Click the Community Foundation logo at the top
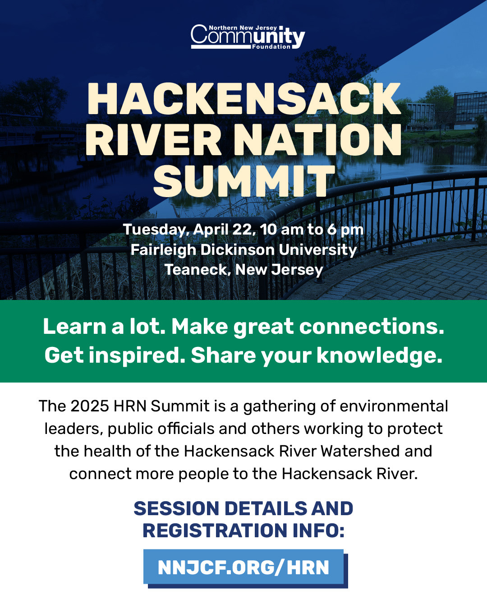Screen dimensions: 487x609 click(248, 37)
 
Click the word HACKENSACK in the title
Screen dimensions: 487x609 click(244, 99)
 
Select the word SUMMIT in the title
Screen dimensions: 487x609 click(244, 180)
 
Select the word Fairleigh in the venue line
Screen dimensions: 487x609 click(163, 250)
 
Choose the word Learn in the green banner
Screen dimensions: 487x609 click(74, 327)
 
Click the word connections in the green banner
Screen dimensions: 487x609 click(371, 327)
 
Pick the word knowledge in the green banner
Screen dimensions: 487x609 click(379, 356)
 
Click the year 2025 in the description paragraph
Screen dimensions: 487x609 click(90, 406)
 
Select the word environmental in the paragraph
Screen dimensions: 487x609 click(394, 406)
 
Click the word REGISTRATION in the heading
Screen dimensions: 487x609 click(215, 531)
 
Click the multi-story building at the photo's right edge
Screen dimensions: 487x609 click(470, 110)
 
